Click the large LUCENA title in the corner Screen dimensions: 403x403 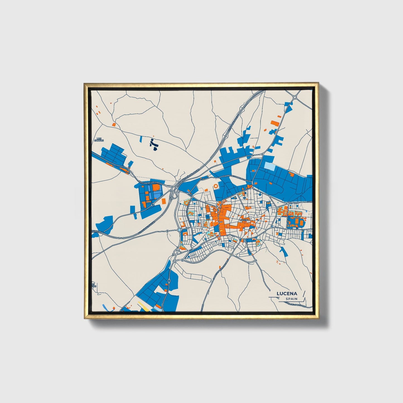pyautogui.click(x=287, y=293)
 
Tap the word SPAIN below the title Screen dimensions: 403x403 pyautogui.click(x=291, y=299)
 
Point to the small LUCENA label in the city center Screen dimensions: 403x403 pyautogui.click(x=244, y=220)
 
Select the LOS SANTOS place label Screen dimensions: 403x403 pyautogui.click(x=99, y=139)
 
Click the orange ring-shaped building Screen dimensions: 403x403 pyautogui.click(x=216, y=186)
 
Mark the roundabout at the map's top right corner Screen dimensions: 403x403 pyautogui.click(x=295, y=97)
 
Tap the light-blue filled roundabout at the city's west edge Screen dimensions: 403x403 pyautogui.click(x=179, y=230)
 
